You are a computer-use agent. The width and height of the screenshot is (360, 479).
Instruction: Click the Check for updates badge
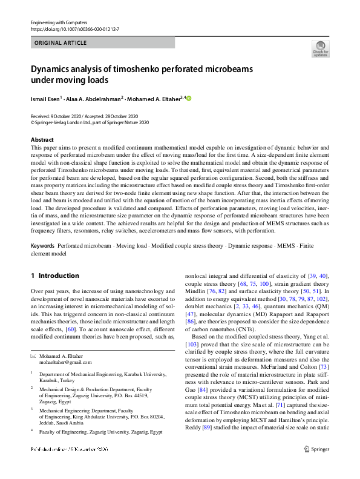pos(320,48)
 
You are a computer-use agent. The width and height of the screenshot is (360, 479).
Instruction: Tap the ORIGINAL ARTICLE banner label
pos(61,43)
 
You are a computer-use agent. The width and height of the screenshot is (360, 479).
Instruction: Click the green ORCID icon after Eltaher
pos(188,98)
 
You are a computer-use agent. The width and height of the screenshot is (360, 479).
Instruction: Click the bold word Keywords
pos(42,246)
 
